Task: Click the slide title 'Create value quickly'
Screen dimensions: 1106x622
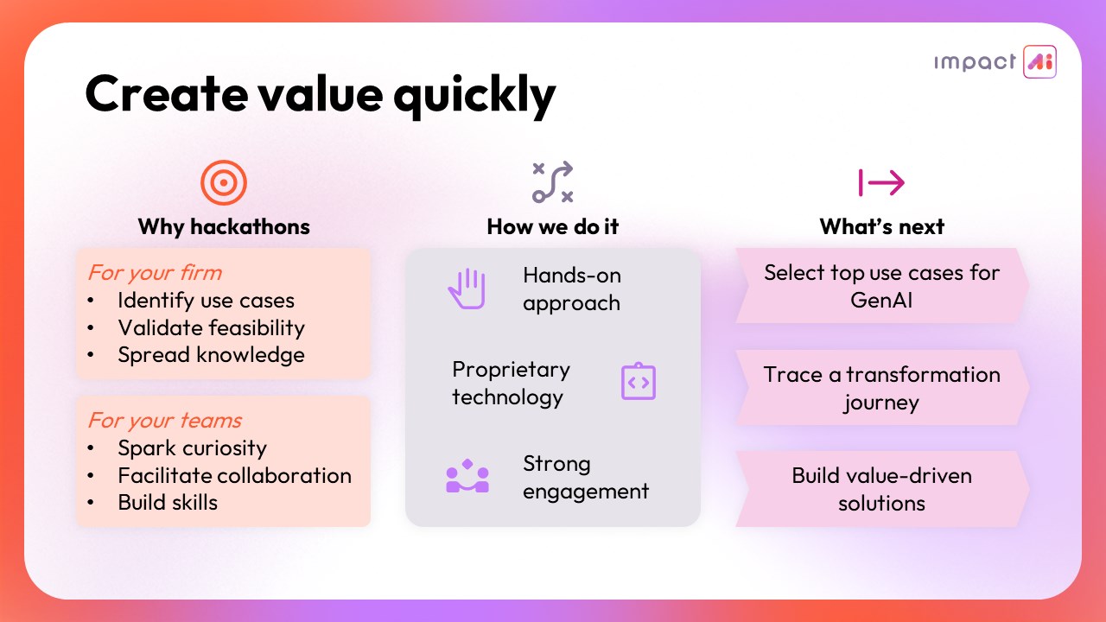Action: click(x=321, y=94)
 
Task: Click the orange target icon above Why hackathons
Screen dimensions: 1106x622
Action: click(x=224, y=182)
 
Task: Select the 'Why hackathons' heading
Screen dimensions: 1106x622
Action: click(x=224, y=226)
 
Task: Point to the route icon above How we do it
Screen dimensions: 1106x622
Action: click(x=552, y=182)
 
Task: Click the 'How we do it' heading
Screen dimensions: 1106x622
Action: click(x=552, y=226)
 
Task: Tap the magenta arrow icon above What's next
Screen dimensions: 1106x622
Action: click(x=881, y=182)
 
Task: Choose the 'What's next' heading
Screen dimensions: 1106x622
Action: click(x=882, y=226)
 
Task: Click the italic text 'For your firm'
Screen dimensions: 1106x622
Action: click(x=155, y=272)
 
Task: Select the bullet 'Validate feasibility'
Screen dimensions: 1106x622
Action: click(x=212, y=327)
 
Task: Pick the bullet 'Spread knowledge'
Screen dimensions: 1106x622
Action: click(x=212, y=355)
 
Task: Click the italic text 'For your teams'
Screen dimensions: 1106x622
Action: click(x=165, y=421)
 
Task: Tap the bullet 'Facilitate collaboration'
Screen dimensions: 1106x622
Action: click(x=234, y=475)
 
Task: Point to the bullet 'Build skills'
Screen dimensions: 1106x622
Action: click(x=168, y=503)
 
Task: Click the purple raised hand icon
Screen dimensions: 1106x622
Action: click(x=467, y=289)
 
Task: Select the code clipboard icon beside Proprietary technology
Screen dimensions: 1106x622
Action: click(x=639, y=381)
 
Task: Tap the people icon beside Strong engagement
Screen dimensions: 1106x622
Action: click(x=467, y=476)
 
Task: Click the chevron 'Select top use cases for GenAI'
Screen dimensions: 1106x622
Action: click(x=882, y=286)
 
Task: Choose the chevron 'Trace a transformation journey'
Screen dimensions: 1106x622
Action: click(x=882, y=388)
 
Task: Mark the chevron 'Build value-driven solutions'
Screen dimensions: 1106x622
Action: click(x=882, y=489)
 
